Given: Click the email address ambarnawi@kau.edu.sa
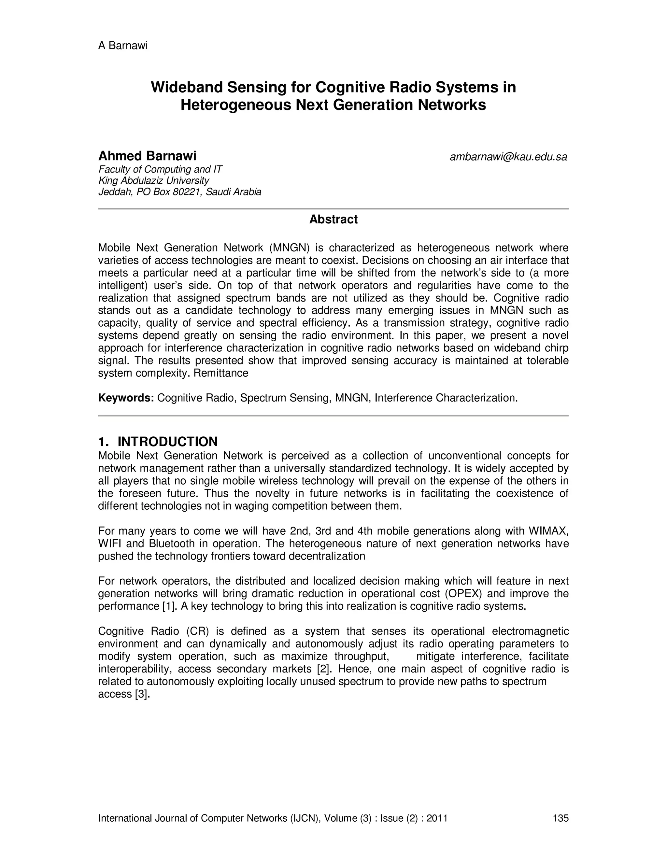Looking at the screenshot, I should pyautogui.click(x=508, y=157).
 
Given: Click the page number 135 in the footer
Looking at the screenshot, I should pyautogui.click(x=560, y=818).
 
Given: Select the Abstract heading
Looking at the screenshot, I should pyautogui.click(x=333, y=219).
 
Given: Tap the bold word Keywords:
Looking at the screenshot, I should pyautogui.click(x=126, y=398).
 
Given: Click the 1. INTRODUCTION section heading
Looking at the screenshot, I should pyautogui.click(x=158, y=441).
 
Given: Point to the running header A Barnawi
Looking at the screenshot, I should pyautogui.click(x=122, y=46).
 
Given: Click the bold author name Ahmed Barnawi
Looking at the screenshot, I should pyautogui.click(x=147, y=156).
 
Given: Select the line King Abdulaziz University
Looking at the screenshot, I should pyautogui.click(x=153, y=181).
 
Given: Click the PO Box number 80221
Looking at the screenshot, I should pyautogui.click(x=185, y=192).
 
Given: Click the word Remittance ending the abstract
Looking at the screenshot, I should pyautogui.click(x=220, y=373).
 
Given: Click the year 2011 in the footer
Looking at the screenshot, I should pyautogui.click(x=437, y=818).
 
